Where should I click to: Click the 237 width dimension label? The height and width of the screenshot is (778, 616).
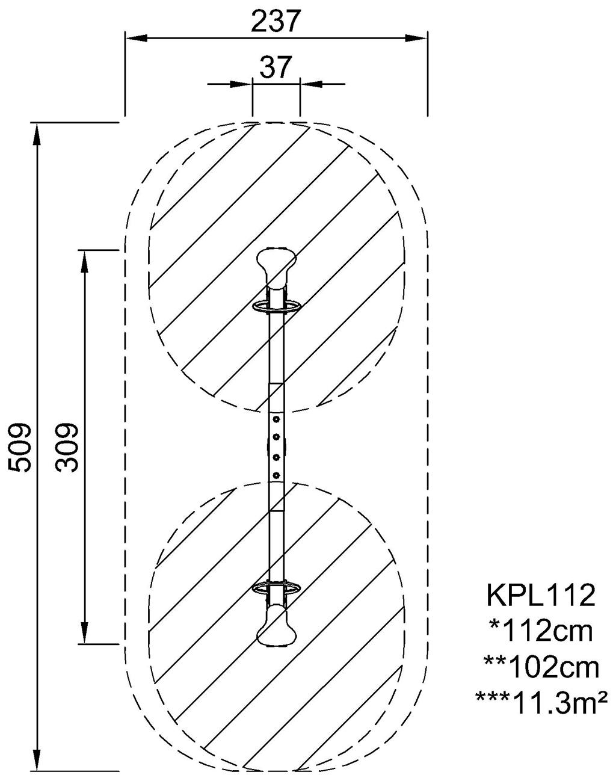click(276, 22)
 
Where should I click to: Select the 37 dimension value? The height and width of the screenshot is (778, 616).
click(276, 67)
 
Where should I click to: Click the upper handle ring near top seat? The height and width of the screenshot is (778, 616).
click(276, 307)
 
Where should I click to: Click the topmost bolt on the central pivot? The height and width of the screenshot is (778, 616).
click(276, 419)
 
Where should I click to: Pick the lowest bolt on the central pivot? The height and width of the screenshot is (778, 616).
click(276, 476)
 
